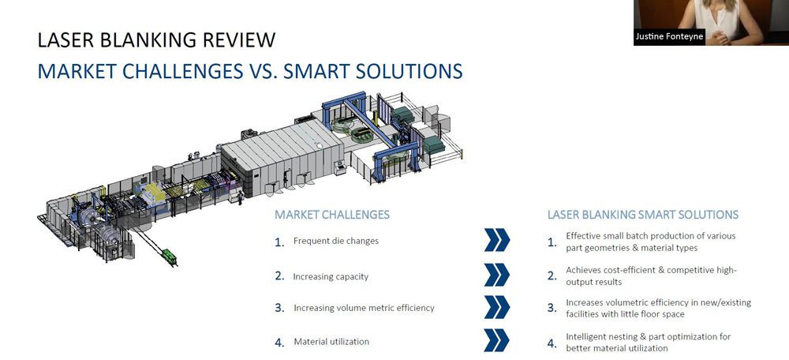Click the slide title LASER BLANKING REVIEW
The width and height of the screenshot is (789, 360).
pyautogui.click(x=156, y=39)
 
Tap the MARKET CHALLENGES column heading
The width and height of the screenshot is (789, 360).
pyautogui.click(x=331, y=215)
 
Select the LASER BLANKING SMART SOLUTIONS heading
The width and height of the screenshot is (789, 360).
pyautogui.click(x=642, y=215)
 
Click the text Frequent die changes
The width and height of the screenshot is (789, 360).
pyautogui.click(x=335, y=241)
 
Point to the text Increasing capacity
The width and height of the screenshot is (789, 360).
pyautogui.click(x=331, y=276)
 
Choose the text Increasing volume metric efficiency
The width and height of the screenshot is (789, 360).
pyautogui.click(x=364, y=308)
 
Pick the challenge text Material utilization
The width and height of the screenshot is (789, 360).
pyautogui.click(x=331, y=341)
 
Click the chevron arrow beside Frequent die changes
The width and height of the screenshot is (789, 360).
pyautogui.click(x=496, y=240)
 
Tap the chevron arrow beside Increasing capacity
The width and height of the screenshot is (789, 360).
pyautogui.click(x=496, y=275)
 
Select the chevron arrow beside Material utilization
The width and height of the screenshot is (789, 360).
pyautogui.click(x=496, y=339)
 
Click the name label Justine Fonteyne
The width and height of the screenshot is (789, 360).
pyautogui.click(x=669, y=37)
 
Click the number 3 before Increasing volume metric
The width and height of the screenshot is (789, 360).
pyautogui.click(x=279, y=308)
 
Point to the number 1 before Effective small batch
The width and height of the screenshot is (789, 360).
pyautogui.click(x=552, y=242)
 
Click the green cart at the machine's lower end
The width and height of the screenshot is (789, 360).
pyautogui.click(x=169, y=256)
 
